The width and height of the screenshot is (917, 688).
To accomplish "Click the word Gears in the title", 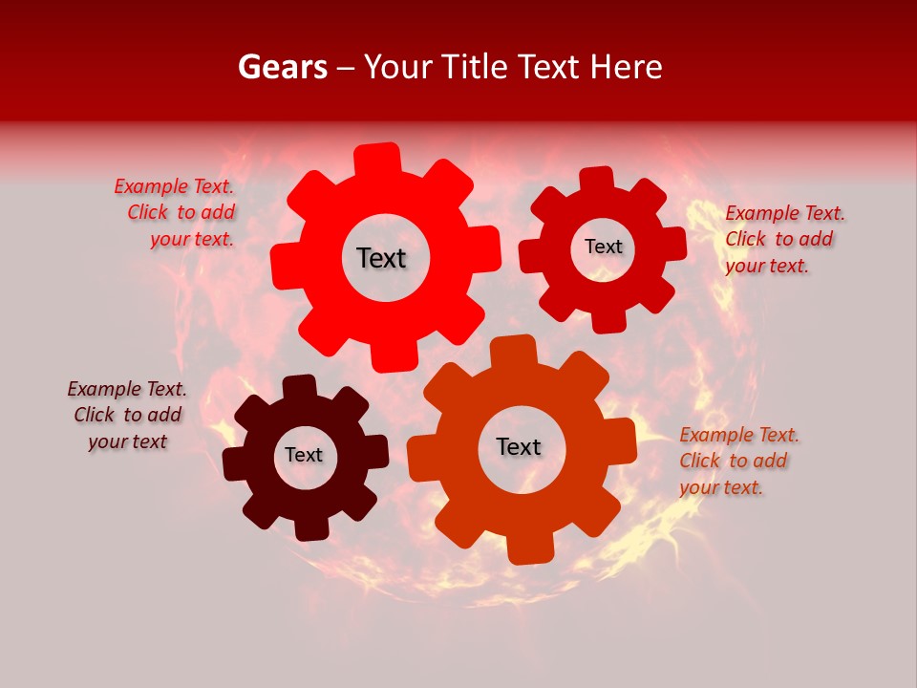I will [x=282, y=67].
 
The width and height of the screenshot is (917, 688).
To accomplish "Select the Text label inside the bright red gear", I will [x=381, y=258].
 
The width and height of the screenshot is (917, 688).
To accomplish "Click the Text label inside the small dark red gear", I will [x=603, y=247].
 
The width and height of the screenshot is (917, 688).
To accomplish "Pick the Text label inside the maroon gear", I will [x=304, y=455].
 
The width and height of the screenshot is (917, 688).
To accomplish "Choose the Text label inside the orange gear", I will [x=519, y=446].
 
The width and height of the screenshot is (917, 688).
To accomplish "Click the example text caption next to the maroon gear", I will [x=127, y=415].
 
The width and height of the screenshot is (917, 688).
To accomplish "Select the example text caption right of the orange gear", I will [x=738, y=461].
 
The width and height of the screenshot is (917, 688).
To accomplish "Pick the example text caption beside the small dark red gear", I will [x=784, y=239].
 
